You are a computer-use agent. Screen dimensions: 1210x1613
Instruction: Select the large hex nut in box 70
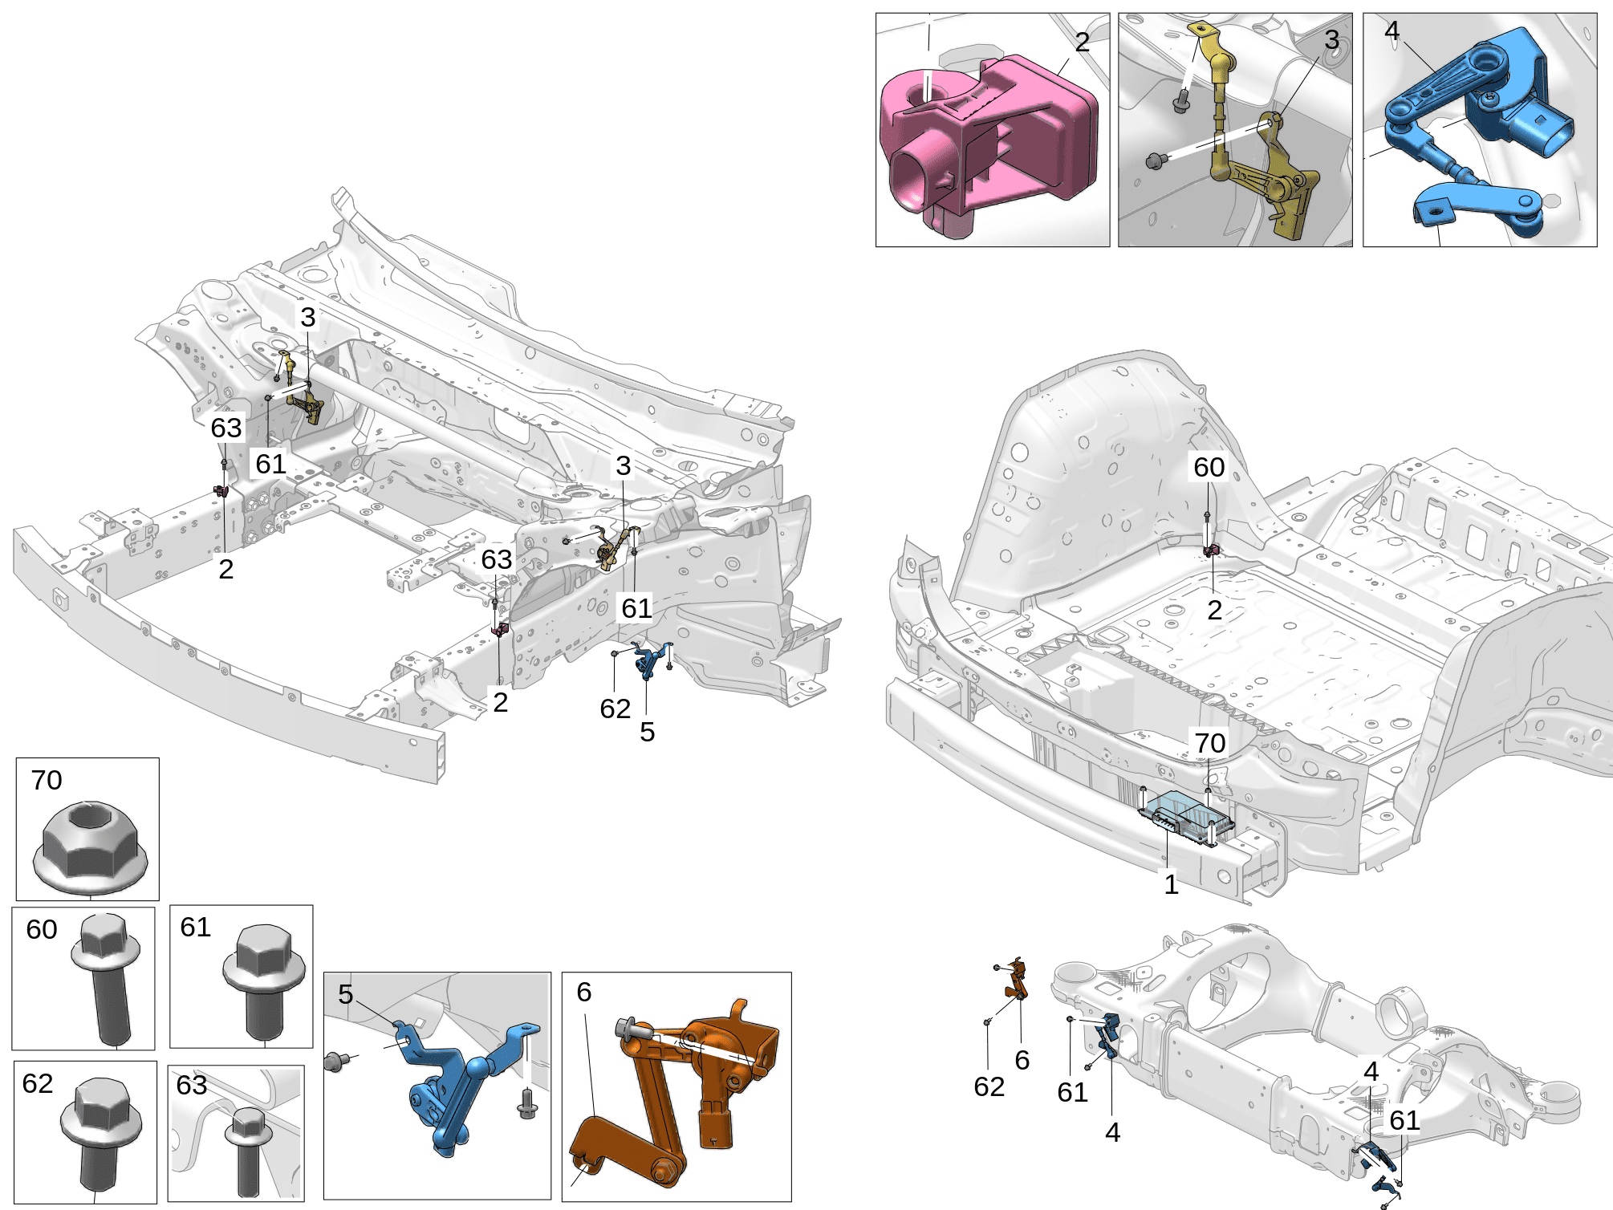tap(90, 849)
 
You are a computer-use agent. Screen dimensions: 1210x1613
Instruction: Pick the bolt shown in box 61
tap(263, 983)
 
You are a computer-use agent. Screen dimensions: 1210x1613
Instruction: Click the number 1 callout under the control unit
tap(1171, 884)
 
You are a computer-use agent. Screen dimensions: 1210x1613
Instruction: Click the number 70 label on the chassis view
tap(1209, 743)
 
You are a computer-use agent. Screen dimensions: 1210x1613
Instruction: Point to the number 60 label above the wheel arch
tap(1209, 467)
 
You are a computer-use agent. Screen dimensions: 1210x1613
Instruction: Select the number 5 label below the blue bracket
tap(647, 732)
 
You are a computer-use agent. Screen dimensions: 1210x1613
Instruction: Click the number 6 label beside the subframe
tap(1022, 1060)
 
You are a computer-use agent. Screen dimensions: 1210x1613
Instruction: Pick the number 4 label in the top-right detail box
tap(1392, 30)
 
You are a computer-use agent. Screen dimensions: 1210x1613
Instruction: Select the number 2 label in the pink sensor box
tap(1082, 42)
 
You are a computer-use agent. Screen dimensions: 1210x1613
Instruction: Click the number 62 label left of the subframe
tap(989, 1086)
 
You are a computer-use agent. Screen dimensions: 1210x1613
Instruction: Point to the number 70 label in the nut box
tap(47, 780)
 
